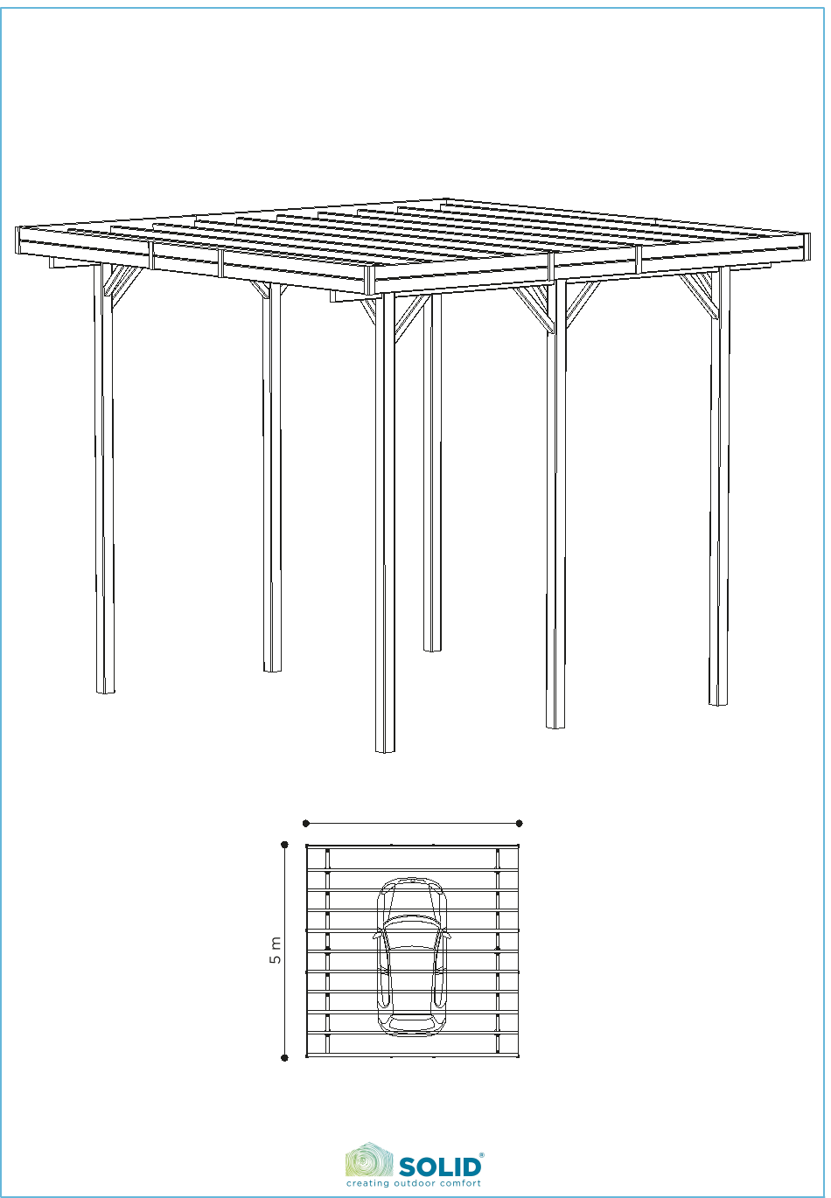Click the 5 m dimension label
pos(275,950)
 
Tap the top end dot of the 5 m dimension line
pos(284,845)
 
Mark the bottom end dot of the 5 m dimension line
pos(284,1057)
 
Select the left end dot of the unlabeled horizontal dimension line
pos(306,823)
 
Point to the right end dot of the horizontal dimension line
pos(519,823)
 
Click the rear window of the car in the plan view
pos(412,1022)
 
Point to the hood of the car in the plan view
pos(412,900)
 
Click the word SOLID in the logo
pos(440,1167)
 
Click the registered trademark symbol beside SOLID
pos(482,1155)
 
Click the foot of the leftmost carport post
pos(106,691)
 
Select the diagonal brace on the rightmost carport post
pos(698,295)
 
